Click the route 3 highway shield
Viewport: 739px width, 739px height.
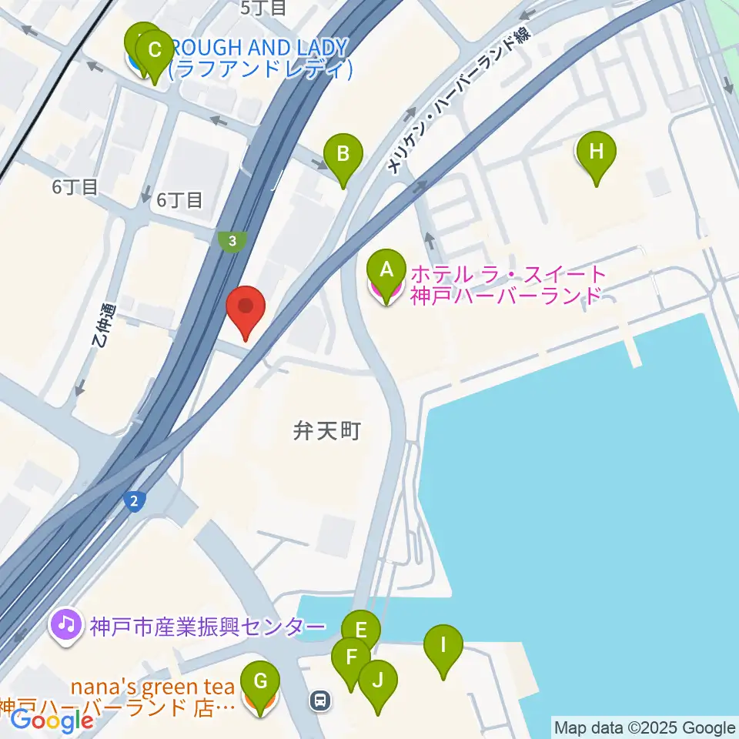tap(231, 241)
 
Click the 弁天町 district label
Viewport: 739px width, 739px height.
tap(326, 431)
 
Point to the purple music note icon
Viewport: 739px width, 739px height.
tap(66, 623)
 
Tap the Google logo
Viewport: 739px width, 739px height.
tap(52, 720)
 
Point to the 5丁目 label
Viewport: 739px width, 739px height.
tap(263, 8)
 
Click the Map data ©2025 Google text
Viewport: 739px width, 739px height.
tap(645, 728)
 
